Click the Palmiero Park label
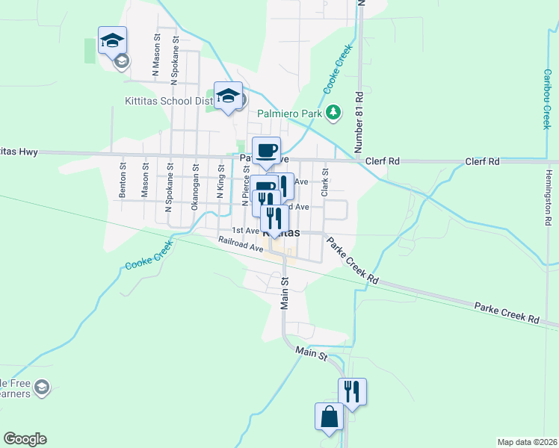[289, 114]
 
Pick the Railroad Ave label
[241, 243]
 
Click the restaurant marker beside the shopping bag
[352, 392]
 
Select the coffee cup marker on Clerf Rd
[267, 151]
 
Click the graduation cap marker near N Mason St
[112, 40]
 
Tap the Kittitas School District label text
[169, 101]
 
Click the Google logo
[25, 439]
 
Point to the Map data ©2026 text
[527, 442]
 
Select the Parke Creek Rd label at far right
[506, 313]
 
